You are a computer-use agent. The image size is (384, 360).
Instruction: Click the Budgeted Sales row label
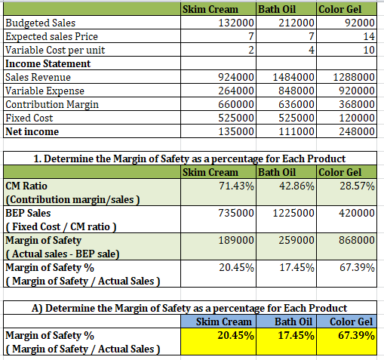(x=41, y=23)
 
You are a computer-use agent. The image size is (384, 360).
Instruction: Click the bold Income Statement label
(x=48, y=63)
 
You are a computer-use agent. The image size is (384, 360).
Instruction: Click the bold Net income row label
(x=32, y=131)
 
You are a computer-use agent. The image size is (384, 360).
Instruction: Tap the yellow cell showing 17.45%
(x=286, y=341)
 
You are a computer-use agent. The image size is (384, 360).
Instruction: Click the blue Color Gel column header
(x=347, y=322)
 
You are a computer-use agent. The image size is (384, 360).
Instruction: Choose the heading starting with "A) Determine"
(x=189, y=308)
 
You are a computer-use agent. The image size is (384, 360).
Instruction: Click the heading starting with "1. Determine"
(x=189, y=158)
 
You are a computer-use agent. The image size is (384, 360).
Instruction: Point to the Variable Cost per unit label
(x=55, y=50)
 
